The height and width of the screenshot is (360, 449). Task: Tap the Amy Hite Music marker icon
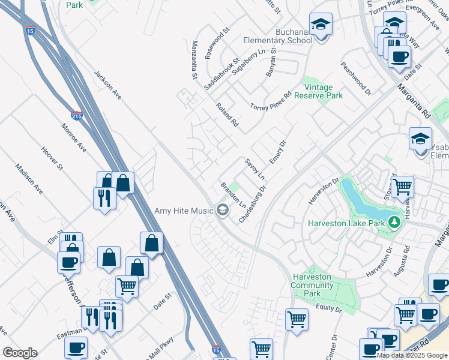[222, 209]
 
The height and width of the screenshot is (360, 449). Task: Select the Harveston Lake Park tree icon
[394, 223]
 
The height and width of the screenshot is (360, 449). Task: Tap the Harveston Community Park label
[312, 281]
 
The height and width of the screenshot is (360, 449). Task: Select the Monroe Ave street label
[74, 137]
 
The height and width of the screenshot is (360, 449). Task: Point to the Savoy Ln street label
[255, 169]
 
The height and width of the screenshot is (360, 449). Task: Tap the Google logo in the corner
[20, 353]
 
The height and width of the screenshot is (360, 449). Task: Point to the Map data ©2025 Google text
[412, 355]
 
